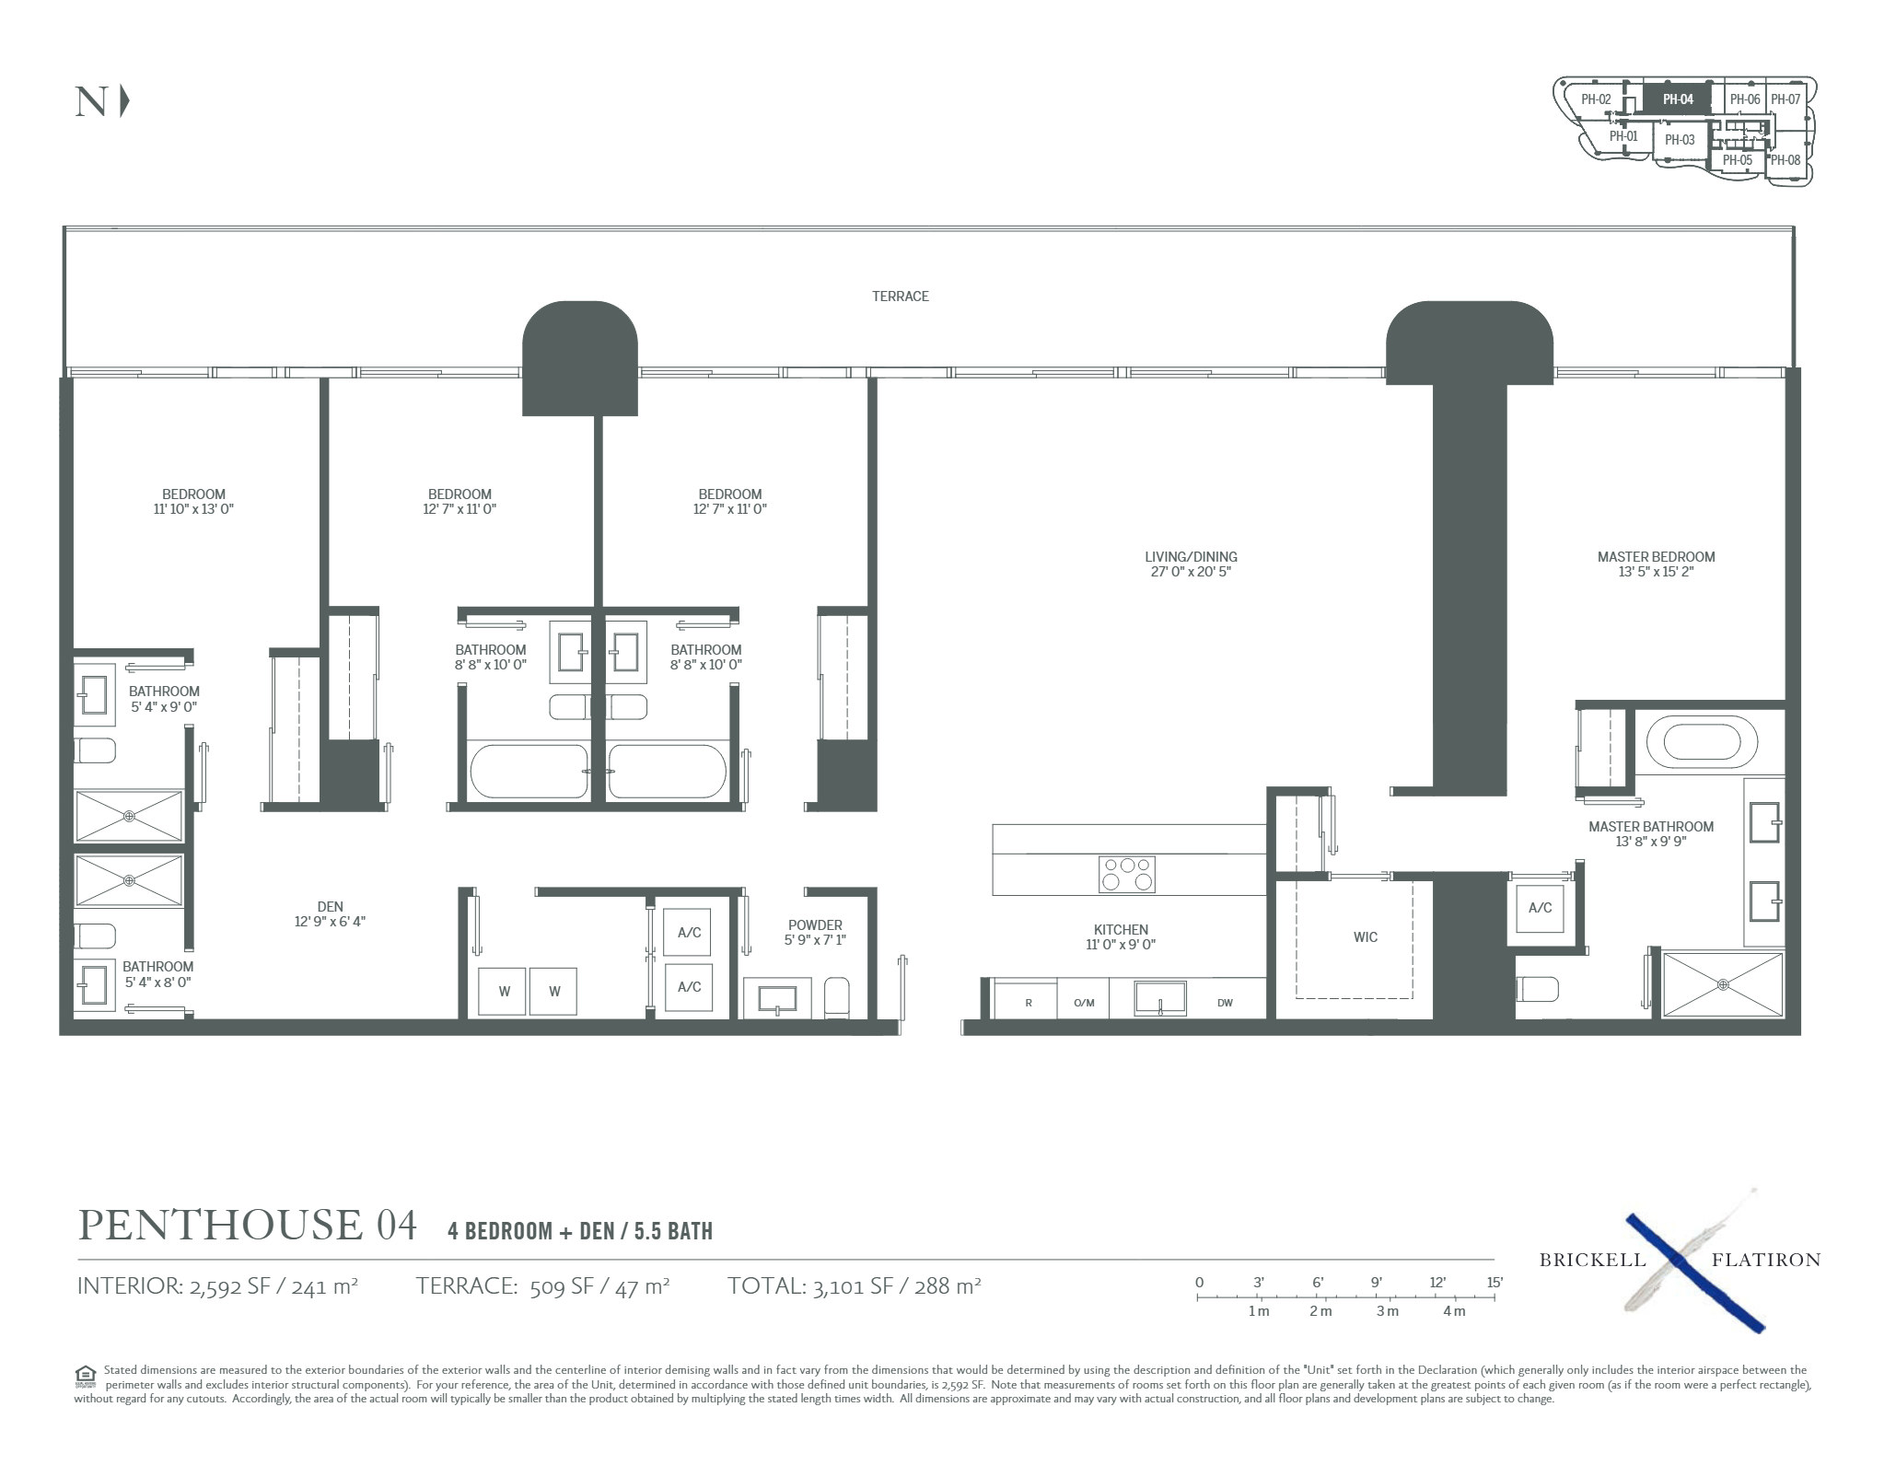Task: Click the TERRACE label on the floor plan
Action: tap(900, 296)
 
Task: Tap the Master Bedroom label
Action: tap(1656, 557)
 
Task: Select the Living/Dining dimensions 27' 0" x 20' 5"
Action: tap(1191, 572)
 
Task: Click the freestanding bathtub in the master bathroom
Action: tap(1702, 741)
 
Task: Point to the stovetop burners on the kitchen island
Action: tap(1126, 874)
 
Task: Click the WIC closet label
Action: tap(1365, 937)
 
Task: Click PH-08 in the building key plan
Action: tap(1785, 160)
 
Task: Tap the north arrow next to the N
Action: tap(124, 101)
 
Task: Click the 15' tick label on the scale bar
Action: tap(1494, 1282)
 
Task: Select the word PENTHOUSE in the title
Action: tap(221, 1226)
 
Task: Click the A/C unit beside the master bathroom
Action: tap(1540, 908)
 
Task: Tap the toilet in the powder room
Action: tap(837, 997)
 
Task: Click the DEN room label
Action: tap(330, 907)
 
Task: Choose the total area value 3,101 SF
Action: tap(854, 1285)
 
